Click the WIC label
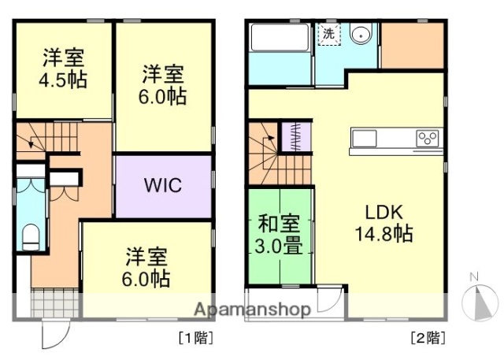pyautogui.click(x=163, y=187)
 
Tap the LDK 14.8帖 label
pyautogui.click(x=384, y=223)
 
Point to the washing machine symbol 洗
pyautogui.click(x=328, y=34)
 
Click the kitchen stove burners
pyautogui.click(x=428, y=139)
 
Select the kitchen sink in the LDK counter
pyautogui.click(x=365, y=139)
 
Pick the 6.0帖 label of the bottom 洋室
pyautogui.click(x=147, y=278)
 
